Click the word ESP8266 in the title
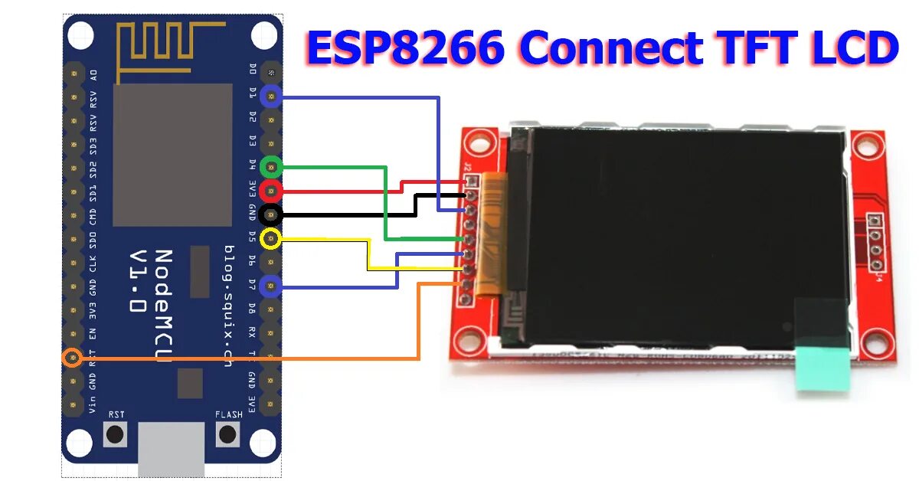(x=405, y=48)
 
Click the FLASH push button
(x=227, y=435)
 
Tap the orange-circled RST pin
(x=73, y=358)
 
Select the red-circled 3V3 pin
(x=271, y=191)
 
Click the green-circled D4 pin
(x=271, y=166)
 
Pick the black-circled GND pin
(x=271, y=215)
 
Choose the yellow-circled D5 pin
(x=271, y=239)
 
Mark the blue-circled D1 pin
(x=271, y=96)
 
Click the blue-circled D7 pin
(x=271, y=286)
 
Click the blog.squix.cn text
(x=227, y=306)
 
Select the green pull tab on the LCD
(x=823, y=368)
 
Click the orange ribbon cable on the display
(x=490, y=234)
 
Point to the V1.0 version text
(x=137, y=280)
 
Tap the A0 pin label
(x=93, y=75)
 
